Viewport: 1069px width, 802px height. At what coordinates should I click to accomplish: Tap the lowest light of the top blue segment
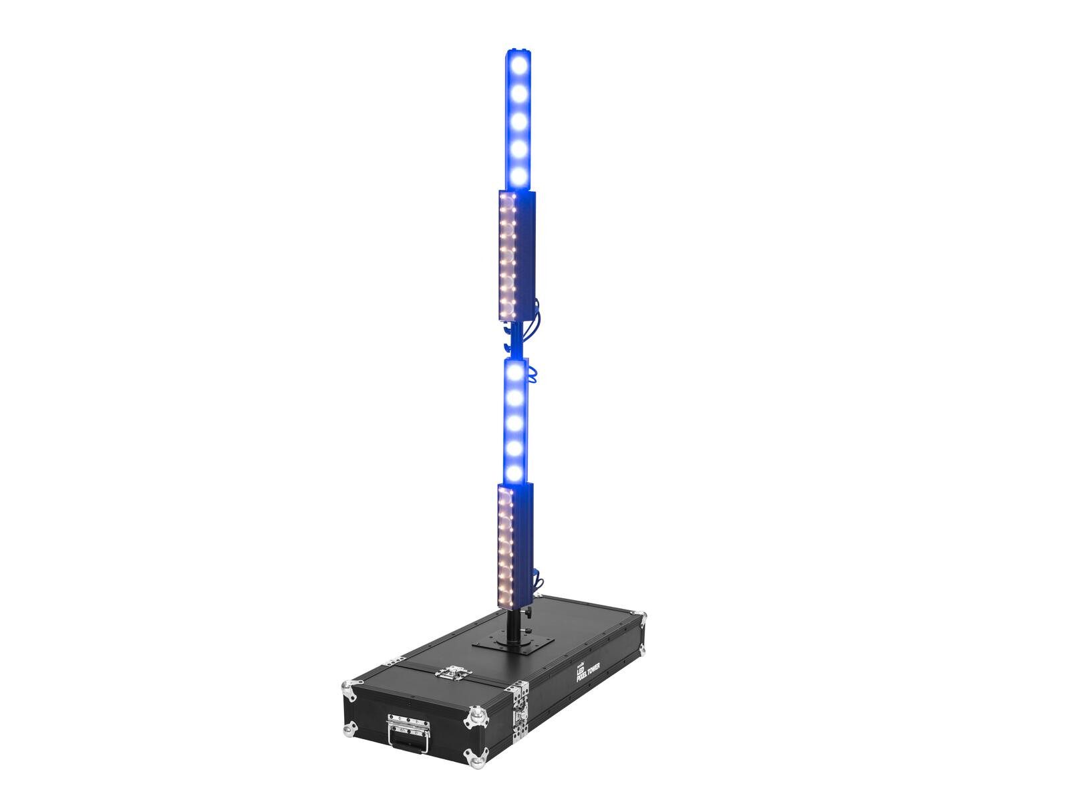(x=518, y=175)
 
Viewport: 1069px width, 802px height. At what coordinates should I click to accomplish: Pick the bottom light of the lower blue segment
(x=514, y=473)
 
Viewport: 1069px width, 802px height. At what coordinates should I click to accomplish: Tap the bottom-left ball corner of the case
(x=349, y=727)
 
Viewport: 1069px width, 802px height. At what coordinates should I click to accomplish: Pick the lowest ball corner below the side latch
(x=476, y=757)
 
